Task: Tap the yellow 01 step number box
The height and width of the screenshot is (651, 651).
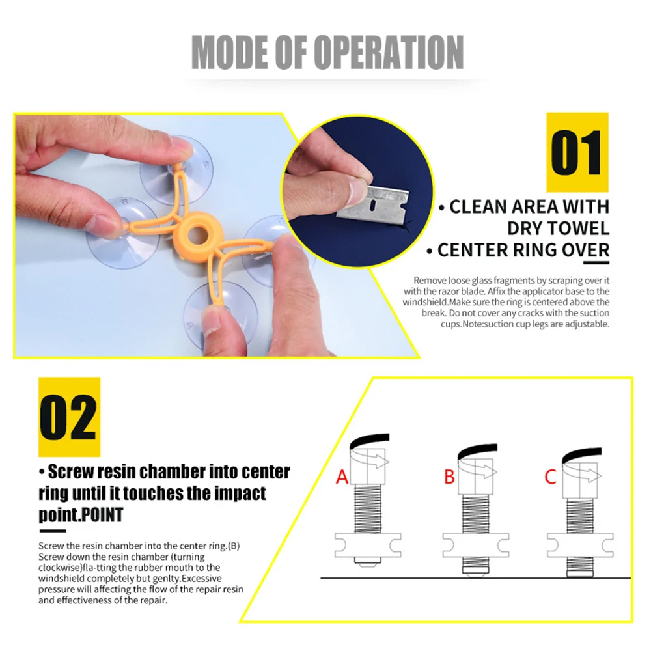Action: (x=577, y=152)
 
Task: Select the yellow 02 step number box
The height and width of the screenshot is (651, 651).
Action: (x=70, y=417)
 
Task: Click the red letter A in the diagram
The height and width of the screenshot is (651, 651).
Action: (x=342, y=477)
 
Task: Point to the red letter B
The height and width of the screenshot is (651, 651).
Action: (x=449, y=477)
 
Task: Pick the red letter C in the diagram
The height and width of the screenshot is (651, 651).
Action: (x=551, y=477)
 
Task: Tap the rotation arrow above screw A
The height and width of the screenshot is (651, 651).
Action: (x=370, y=460)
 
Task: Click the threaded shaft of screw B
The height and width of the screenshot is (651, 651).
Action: (x=476, y=514)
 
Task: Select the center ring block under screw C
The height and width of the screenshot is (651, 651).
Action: (x=580, y=545)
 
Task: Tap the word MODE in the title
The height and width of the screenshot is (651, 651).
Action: (x=230, y=52)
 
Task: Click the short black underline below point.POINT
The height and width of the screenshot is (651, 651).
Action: (x=53, y=531)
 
